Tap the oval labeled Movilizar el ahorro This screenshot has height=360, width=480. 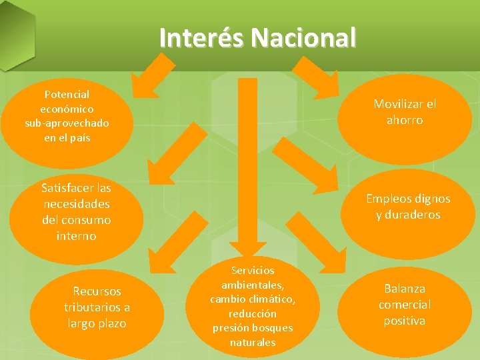405,112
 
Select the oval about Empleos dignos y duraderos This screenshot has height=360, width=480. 408,207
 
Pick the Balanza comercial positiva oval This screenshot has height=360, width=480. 405,305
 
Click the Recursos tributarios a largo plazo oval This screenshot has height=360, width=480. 97,307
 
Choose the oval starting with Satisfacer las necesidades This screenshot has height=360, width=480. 77,212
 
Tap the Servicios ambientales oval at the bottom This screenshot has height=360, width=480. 253,306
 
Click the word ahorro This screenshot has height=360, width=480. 405,121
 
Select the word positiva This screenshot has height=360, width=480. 405,321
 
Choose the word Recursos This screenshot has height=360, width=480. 97,291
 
